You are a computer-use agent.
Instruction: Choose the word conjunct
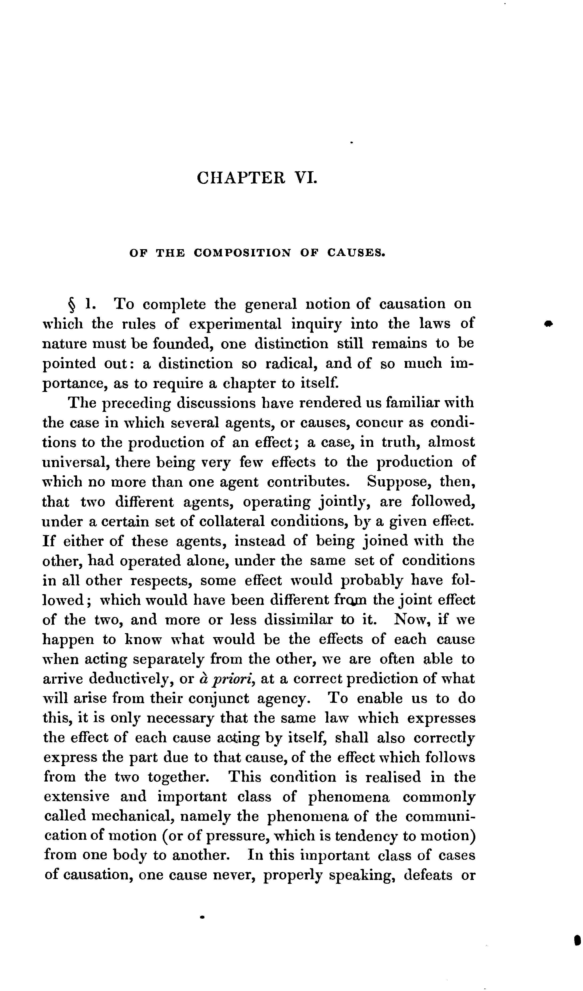[x=218, y=699]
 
